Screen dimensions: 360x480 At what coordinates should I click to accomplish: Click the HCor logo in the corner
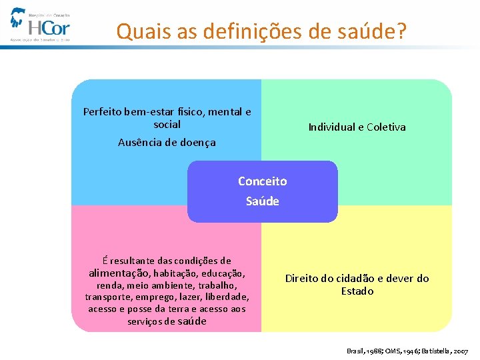pyautogui.click(x=40, y=25)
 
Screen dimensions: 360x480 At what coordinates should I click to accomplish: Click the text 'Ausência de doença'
pyautogui.click(x=167, y=142)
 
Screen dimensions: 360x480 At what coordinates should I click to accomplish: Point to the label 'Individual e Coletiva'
pyautogui.click(x=357, y=127)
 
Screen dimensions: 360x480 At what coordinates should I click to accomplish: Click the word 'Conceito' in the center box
pyautogui.click(x=263, y=181)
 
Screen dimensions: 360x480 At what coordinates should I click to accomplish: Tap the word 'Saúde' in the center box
pyautogui.click(x=263, y=201)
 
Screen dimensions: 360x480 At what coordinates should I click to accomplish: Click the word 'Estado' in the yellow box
pyautogui.click(x=357, y=291)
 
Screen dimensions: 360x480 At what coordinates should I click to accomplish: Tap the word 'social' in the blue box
pyautogui.click(x=167, y=124)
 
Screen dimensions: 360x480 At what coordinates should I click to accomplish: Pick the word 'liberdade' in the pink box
pyautogui.click(x=227, y=297)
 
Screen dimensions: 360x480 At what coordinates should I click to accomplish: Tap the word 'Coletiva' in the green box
pyautogui.click(x=386, y=127)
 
